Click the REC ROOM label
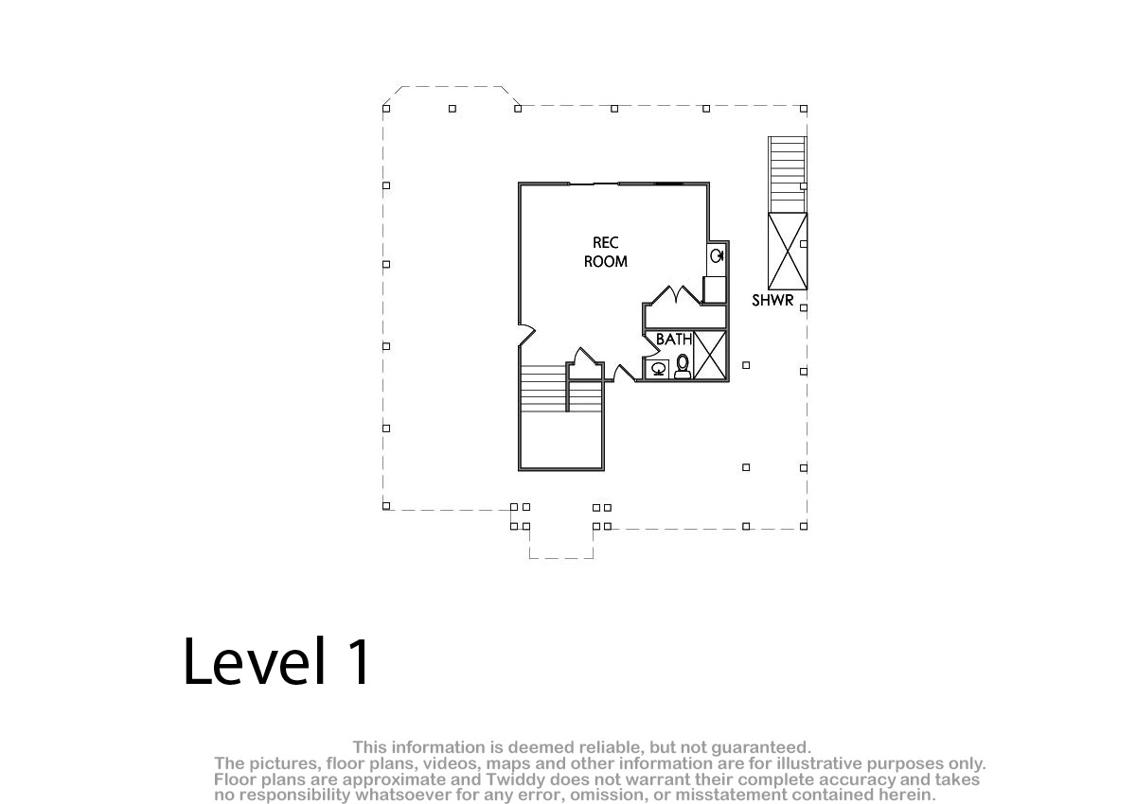(606, 252)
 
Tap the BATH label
(674, 339)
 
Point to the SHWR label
(772, 301)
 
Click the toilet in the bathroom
(683, 366)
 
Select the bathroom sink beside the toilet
(658, 369)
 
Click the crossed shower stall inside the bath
(709, 355)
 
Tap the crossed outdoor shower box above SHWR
(788, 252)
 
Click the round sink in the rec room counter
(717, 256)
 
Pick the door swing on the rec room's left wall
(527, 334)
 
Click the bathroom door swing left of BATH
(650, 344)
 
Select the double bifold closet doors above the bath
(676, 295)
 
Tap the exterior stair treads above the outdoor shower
(787, 174)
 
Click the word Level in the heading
(255, 661)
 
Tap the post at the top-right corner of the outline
(804, 109)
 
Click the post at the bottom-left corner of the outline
(386, 506)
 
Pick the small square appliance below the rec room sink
(715, 289)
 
